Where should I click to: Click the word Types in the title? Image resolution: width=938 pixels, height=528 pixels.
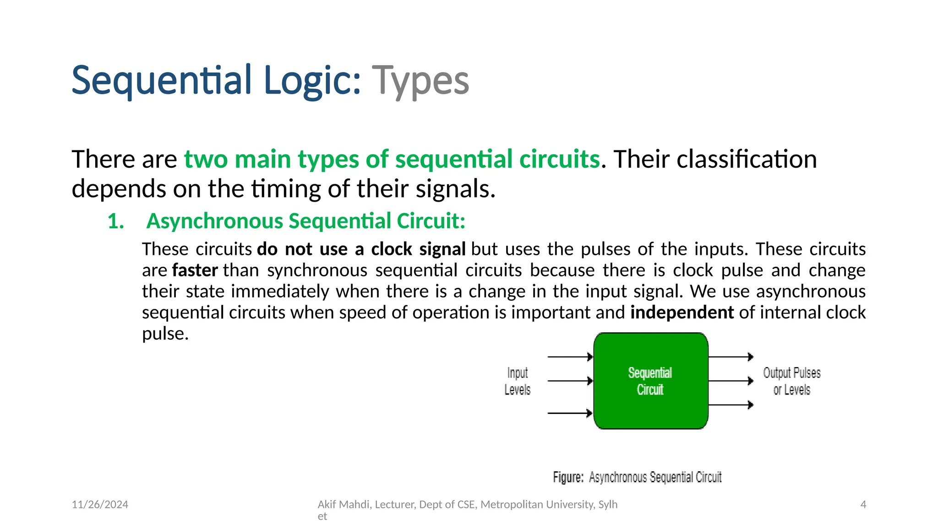tap(420, 81)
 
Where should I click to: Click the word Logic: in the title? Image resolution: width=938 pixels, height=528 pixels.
tap(312, 81)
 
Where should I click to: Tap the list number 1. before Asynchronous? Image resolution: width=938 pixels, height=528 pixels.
tap(116, 221)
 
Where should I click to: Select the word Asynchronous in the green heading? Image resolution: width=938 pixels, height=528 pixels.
tap(215, 221)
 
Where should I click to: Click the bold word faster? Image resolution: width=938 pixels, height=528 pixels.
tap(195, 270)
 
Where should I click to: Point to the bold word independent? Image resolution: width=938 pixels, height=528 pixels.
tap(682, 313)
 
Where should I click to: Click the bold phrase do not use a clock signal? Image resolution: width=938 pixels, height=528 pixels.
tap(361, 249)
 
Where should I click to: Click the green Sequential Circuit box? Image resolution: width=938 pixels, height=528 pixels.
tap(650, 381)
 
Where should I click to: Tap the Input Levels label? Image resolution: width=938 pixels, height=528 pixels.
tap(517, 381)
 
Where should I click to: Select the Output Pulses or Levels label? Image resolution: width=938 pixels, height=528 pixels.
tap(791, 381)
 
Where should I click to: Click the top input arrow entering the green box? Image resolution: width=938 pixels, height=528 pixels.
tap(570, 357)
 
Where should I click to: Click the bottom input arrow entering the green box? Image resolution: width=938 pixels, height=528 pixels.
tap(570, 413)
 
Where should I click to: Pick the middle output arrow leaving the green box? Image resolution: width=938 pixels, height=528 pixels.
tap(731, 381)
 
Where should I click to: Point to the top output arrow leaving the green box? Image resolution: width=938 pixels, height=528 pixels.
tap(731, 357)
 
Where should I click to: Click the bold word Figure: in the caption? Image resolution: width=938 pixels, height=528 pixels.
tap(568, 478)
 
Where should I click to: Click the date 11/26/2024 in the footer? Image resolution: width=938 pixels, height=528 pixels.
tap(100, 505)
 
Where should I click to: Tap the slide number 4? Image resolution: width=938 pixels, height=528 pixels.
tap(863, 505)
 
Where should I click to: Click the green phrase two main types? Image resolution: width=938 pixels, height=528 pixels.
tap(272, 159)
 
